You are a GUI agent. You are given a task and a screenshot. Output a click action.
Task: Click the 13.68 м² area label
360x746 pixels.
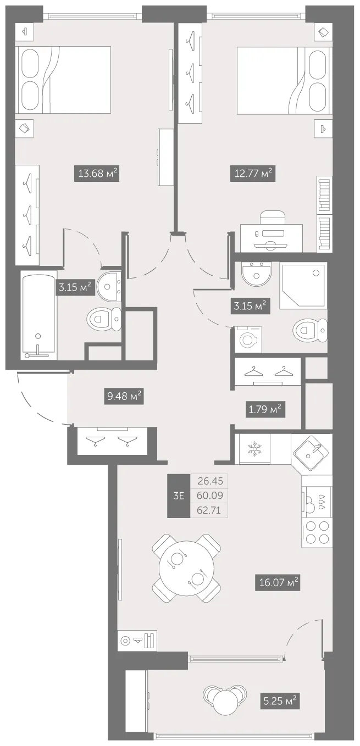click(97, 173)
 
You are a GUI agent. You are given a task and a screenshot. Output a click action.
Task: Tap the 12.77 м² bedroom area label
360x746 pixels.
click(253, 173)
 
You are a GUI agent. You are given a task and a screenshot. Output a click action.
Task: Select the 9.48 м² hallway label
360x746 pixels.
click(124, 396)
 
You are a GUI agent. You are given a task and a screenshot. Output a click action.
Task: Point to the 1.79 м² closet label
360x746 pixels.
click(265, 409)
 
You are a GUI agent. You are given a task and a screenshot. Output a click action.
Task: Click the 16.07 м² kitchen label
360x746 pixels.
click(278, 582)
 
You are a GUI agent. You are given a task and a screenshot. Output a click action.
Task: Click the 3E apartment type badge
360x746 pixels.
click(179, 496)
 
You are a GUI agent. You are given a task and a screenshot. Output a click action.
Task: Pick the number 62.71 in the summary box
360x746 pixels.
click(209, 510)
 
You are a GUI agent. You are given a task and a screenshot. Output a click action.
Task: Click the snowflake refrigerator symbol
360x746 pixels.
click(254, 449)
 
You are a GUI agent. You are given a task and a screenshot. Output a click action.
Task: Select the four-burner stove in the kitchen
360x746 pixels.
click(317, 532)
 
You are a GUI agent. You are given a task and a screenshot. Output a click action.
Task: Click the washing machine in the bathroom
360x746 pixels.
click(248, 339)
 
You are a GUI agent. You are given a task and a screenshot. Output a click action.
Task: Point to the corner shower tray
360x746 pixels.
click(303, 286)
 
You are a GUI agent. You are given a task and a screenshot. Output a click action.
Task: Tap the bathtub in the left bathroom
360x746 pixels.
click(38, 315)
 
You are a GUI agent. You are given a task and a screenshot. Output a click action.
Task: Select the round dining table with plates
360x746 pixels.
click(187, 568)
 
